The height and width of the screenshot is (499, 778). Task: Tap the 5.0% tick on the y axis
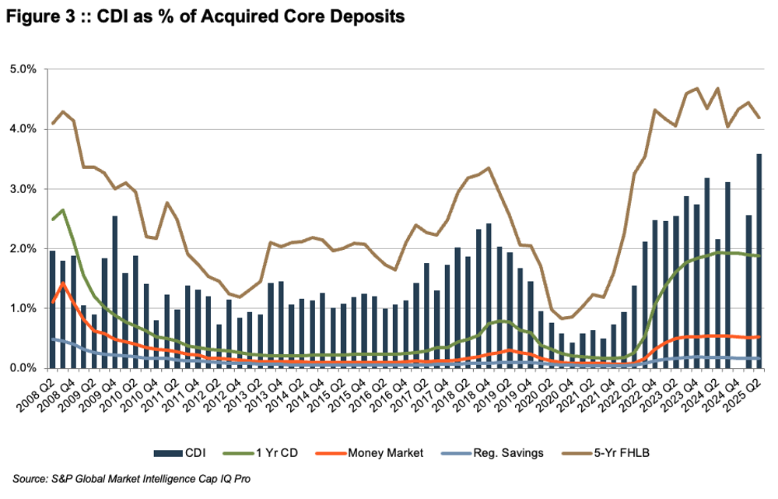pos(28,69)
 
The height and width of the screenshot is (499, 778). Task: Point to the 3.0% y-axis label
pos(28,189)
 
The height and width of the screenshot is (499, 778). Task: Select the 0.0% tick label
pos(28,368)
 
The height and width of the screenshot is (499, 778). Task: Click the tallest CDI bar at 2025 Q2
pos(758,261)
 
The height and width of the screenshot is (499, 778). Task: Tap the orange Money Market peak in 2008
pos(63,283)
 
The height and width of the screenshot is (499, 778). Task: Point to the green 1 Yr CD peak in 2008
pos(63,209)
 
